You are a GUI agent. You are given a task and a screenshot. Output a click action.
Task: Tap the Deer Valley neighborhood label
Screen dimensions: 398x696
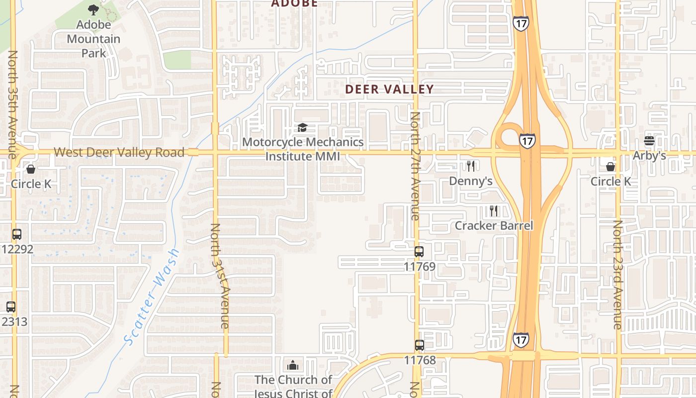coord(389,90)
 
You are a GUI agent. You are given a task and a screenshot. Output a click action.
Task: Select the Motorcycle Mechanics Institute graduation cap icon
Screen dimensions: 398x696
coord(302,128)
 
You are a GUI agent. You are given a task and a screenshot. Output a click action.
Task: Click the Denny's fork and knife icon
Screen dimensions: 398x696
coord(470,166)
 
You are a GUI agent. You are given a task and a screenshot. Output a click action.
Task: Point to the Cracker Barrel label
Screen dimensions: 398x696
coord(494,226)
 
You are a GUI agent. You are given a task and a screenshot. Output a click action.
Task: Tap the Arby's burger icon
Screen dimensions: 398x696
coord(649,141)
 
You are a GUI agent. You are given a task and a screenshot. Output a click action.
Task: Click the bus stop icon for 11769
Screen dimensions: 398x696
coord(419,252)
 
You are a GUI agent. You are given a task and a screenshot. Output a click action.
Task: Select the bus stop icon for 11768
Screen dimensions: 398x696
coord(420,345)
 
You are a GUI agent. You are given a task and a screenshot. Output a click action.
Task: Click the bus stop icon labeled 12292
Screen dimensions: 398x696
coord(17,234)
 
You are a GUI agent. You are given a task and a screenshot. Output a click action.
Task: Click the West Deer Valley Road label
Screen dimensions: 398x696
coord(119,152)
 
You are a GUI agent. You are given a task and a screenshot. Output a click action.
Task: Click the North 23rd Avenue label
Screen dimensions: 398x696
coord(617,275)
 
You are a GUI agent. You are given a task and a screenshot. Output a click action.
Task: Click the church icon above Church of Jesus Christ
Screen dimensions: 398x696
coord(293,365)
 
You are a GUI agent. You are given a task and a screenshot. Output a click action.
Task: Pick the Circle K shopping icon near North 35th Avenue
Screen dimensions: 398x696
coord(31,169)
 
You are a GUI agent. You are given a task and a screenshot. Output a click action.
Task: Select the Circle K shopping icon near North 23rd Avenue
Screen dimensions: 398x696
coord(610,167)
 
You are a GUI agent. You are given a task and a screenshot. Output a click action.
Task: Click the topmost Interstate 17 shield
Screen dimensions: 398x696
coord(521,23)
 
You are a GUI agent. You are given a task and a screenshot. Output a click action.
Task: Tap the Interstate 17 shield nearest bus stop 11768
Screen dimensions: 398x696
coord(521,340)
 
